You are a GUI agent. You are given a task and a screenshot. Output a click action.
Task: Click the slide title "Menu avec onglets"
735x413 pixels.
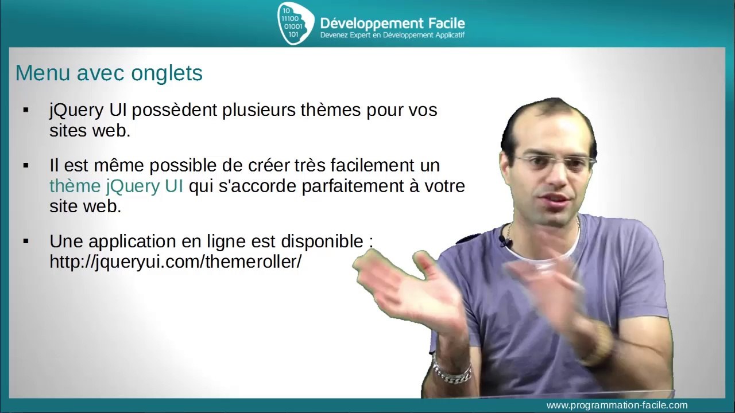click(109, 73)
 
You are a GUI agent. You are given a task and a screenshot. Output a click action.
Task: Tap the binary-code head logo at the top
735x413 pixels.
click(295, 23)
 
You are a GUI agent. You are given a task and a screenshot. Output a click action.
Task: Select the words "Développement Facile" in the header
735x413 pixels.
click(392, 23)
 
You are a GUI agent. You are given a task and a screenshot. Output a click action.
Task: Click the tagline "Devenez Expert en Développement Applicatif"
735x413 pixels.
click(392, 36)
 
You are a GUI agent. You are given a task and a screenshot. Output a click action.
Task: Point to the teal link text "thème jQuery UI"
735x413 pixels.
click(116, 186)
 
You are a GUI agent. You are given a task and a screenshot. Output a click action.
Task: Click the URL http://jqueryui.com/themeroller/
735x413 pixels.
click(175, 262)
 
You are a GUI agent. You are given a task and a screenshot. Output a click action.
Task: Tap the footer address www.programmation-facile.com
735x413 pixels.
click(617, 405)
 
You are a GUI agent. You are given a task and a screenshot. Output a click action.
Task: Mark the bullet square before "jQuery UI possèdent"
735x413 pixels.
click(25, 110)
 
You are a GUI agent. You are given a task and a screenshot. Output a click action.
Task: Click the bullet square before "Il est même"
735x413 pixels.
click(25, 165)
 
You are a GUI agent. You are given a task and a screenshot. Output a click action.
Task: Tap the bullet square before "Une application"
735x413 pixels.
click(25, 241)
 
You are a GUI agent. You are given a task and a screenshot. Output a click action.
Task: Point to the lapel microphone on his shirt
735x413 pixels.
click(505, 241)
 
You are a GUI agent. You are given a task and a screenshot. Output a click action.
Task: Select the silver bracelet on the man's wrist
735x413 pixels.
click(452, 372)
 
